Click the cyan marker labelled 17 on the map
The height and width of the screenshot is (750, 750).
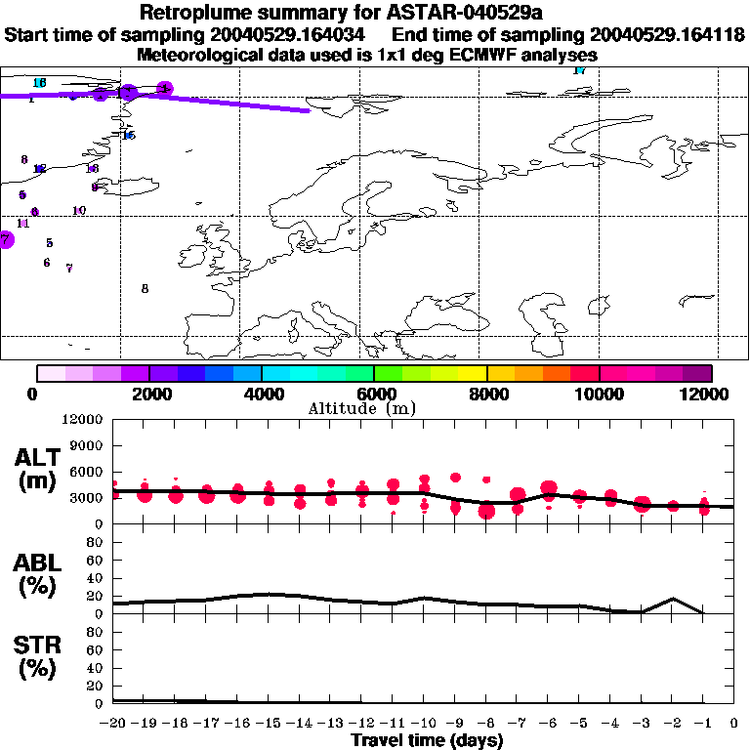(579, 70)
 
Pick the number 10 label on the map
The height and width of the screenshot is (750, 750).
(79, 210)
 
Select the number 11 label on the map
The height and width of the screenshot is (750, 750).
(23, 223)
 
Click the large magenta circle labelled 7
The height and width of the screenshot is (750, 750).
(6, 238)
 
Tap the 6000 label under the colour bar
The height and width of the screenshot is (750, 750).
(374, 394)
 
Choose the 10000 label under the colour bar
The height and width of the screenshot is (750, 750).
(599, 394)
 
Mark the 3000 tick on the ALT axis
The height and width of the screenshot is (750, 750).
(88, 499)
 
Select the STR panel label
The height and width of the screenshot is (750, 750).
(36, 657)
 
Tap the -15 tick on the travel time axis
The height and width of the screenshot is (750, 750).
(269, 724)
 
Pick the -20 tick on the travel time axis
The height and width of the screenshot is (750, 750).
(113, 724)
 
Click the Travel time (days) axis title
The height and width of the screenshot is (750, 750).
(427, 741)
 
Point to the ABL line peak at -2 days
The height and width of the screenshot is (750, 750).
(672, 599)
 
